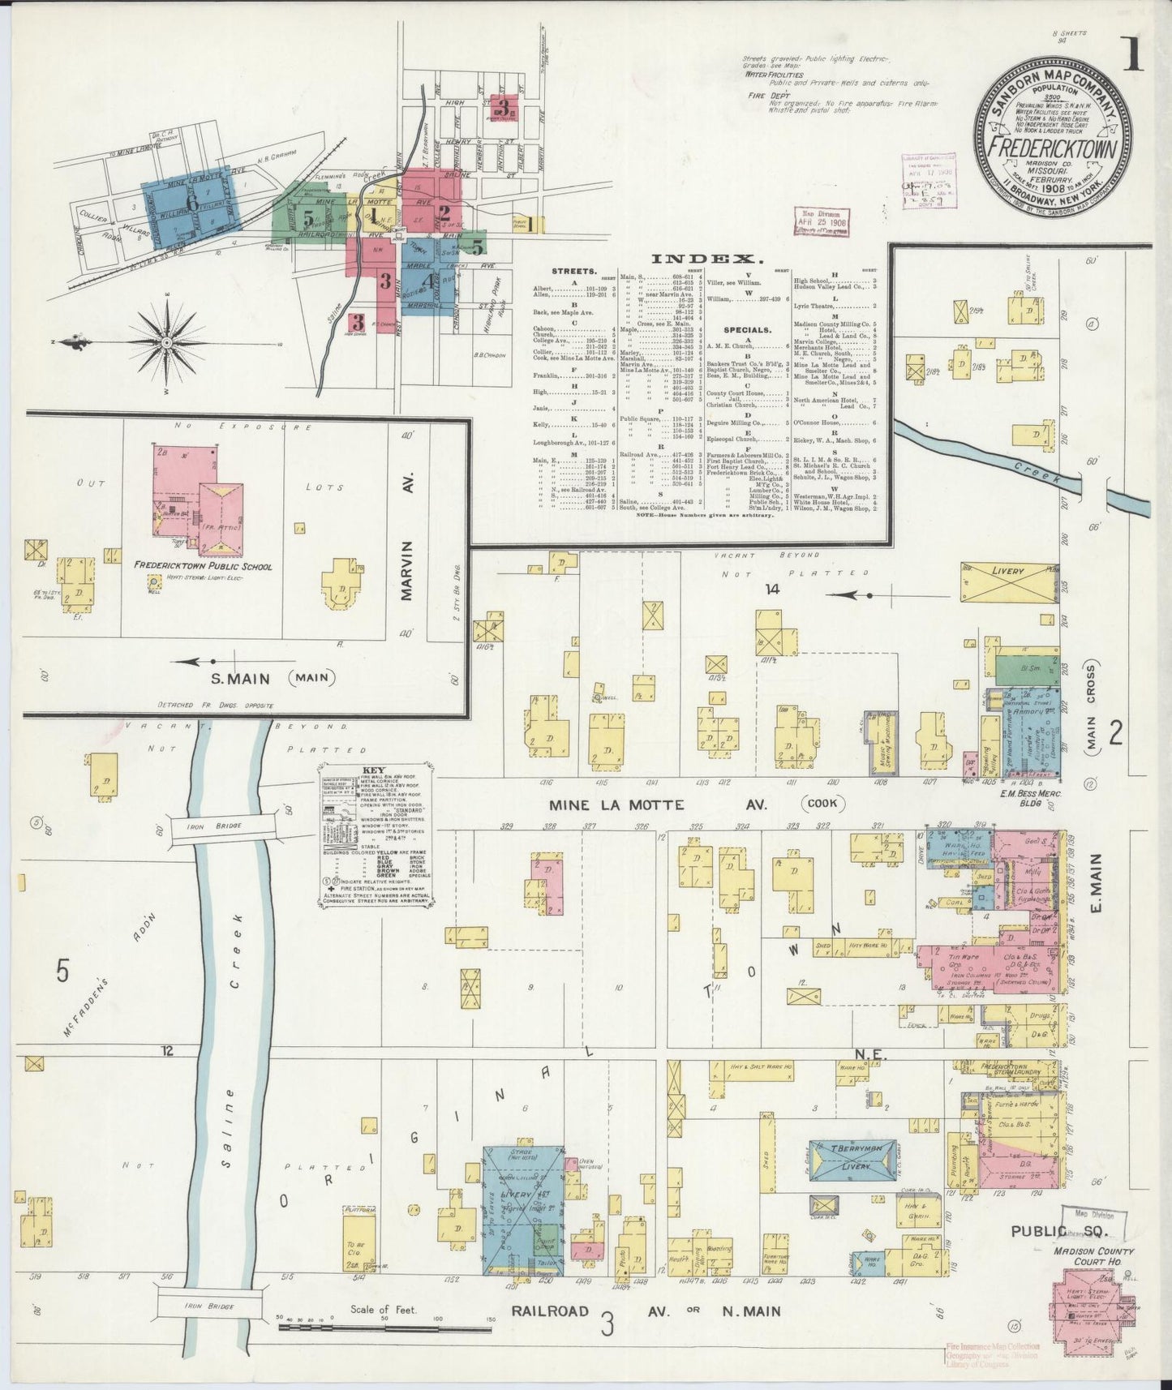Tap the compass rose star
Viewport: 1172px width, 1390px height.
pyautogui.click(x=166, y=343)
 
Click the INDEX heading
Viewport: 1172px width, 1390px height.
pyautogui.click(x=707, y=259)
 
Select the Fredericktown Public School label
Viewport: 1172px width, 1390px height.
pyautogui.click(x=204, y=567)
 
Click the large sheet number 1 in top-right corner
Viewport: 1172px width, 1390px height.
pyautogui.click(x=1132, y=54)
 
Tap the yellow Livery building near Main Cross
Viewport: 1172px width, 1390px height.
pyautogui.click(x=1007, y=572)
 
